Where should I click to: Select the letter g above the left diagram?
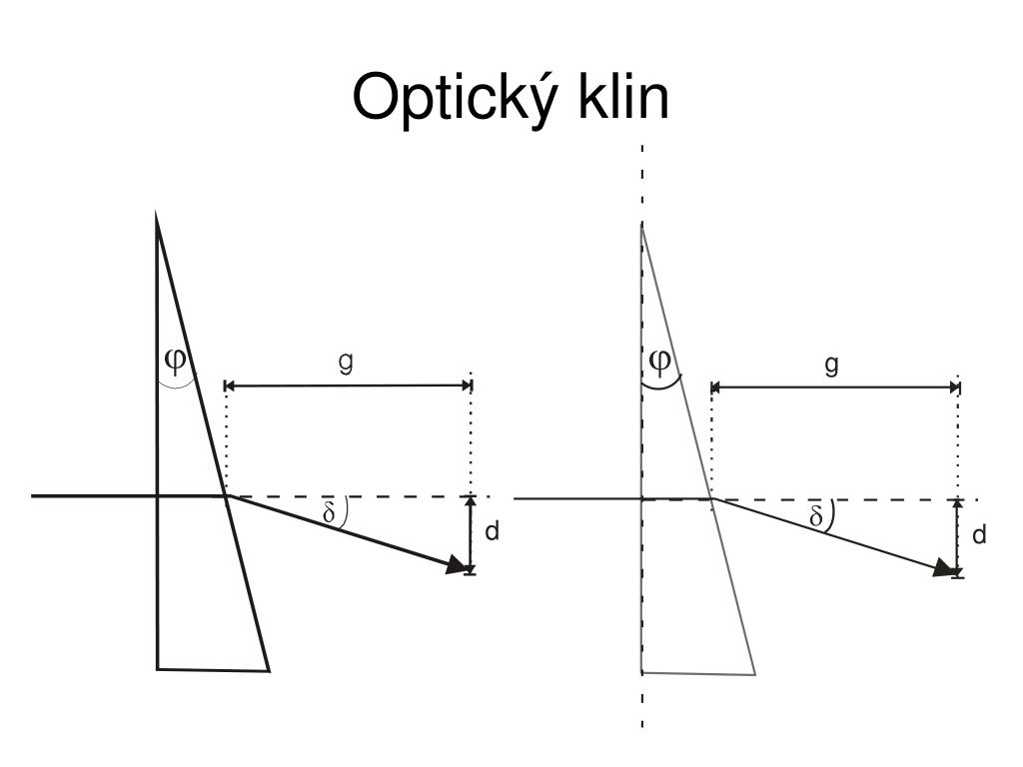[347, 365]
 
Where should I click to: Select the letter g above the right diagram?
[831, 367]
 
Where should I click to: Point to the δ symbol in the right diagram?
[816, 516]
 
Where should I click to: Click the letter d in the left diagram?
[492, 532]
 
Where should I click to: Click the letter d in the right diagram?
[979, 535]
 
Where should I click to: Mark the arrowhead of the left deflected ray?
[458, 566]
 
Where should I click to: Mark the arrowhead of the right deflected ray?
[943, 568]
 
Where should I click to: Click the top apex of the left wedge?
[157, 214]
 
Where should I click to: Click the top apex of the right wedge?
[641, 226]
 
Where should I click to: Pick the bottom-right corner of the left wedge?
[269, 670]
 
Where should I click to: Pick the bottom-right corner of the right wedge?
[754, 674]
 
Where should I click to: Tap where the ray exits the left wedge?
[227, 495]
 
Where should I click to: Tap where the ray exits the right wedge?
[711, 498]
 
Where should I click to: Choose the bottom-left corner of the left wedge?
[158, 667]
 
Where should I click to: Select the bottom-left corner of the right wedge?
[641, 673]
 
